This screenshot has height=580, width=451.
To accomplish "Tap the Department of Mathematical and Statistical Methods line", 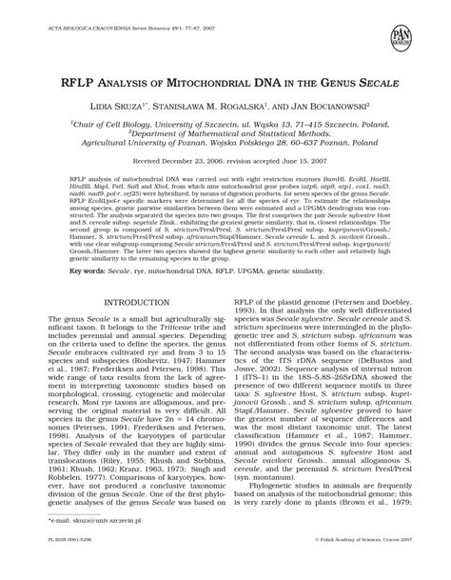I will click(x=226, y=135).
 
